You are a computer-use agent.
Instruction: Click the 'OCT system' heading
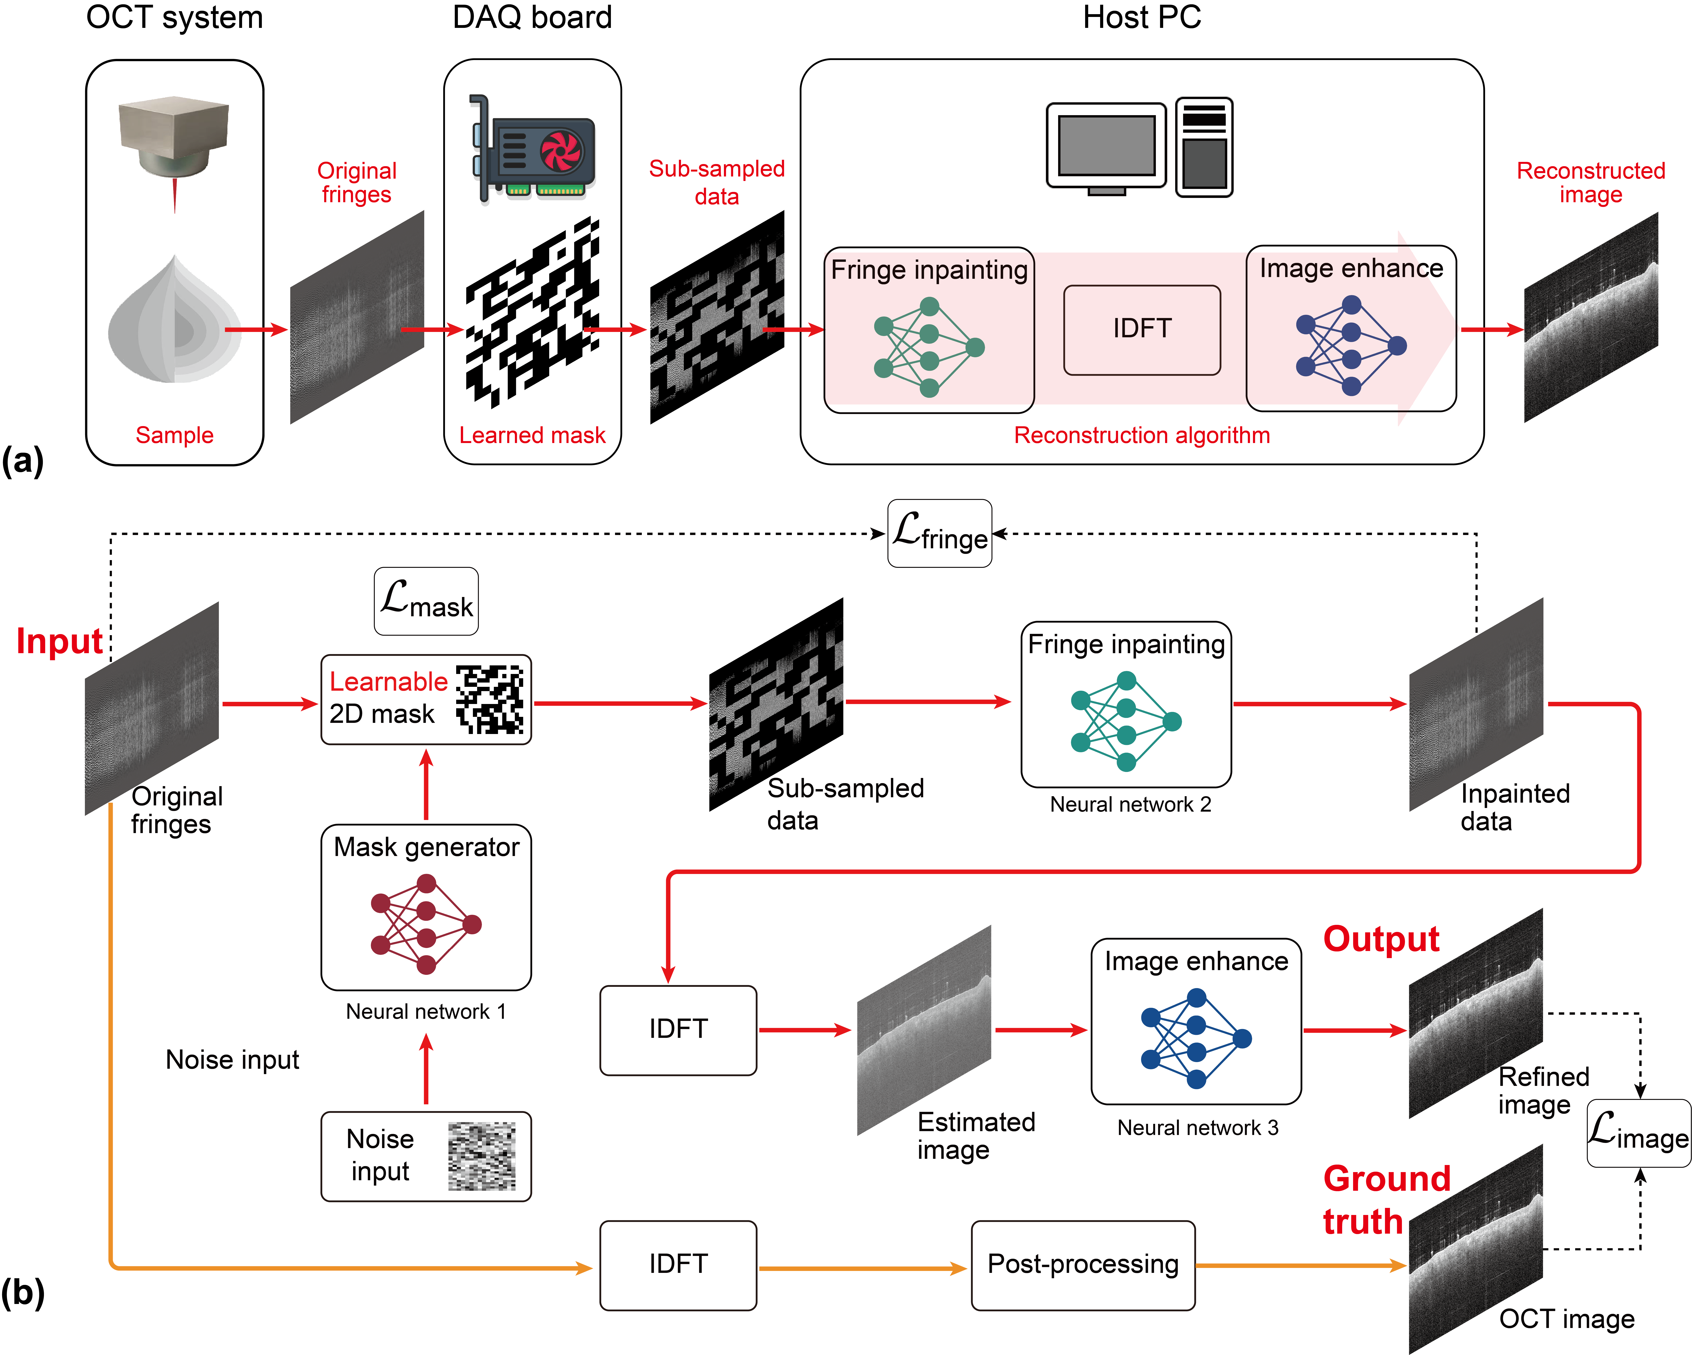[174, 17]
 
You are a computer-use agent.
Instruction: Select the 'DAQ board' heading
[532, 17]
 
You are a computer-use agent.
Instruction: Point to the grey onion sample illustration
[174, 322]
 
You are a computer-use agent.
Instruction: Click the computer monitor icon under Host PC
[1107, 148]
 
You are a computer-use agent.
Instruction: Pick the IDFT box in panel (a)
[1142, 329]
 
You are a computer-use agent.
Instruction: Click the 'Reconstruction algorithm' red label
[1142, 435]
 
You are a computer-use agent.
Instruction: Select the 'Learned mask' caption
[532, 435]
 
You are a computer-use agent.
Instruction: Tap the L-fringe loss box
[939, 534]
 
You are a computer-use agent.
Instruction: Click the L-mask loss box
[426, 601]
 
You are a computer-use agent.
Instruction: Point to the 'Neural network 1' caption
[426, 1011]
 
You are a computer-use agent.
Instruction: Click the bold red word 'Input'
[60, 641]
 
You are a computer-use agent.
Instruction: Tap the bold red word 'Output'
[1381, 939]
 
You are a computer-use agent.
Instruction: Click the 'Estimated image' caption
[976, 1135]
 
